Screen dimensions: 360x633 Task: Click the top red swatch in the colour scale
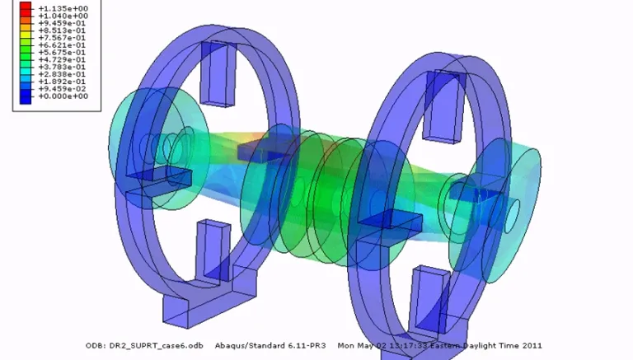pos(26,7)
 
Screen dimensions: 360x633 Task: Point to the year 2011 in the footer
pos(531,345)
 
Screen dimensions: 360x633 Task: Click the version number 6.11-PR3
pos(307,345)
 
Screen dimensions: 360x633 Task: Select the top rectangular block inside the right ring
pos(444,103)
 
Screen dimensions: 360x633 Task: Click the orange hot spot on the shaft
pos(258,138)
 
